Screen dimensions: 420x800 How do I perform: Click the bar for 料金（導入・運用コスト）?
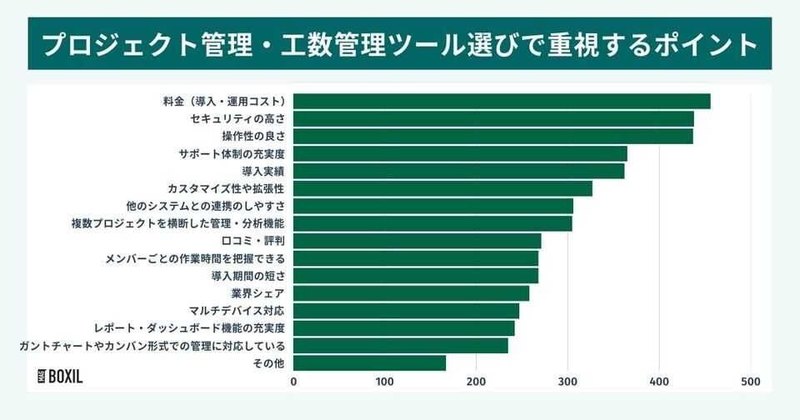pyautogui.click(x=502, y=102)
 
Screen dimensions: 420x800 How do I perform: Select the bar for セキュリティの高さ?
pyautogui.click(x=493, y=119)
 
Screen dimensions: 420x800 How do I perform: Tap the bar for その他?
pyautogui.click(x=369, y=363)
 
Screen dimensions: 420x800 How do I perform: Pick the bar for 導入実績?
pyautogui.click(x=458, y=171)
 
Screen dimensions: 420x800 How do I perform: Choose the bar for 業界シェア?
pyautogui.click(x=411, y=293)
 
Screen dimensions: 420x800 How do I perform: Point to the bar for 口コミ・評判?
pyautogui.click(x=417, y=241)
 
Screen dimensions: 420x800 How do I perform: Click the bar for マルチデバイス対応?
pyautogui.click(x=406, y=311)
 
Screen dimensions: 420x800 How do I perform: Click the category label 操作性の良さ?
pyautogui.click(x=253, y=137)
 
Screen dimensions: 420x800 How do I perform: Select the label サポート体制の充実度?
pyautogui.click(x=232, y=154)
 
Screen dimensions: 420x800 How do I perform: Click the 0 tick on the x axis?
pyautogui.click(x=293, y=382)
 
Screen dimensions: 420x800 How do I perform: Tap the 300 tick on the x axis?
pyautogui.click(x=567, y=382)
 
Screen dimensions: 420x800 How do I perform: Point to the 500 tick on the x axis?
pyautogui.click(x=750, y=382)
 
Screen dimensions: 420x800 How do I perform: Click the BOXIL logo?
pyautogui.click(x=61, y=376)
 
